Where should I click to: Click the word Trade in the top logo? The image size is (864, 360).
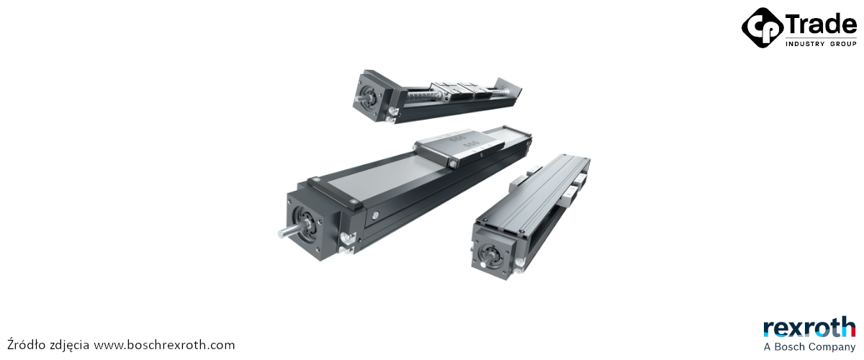(x=820, y=24)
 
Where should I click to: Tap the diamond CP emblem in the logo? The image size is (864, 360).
(x=762, y=28)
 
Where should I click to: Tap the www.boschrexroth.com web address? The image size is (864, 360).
(x=165, y=345)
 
